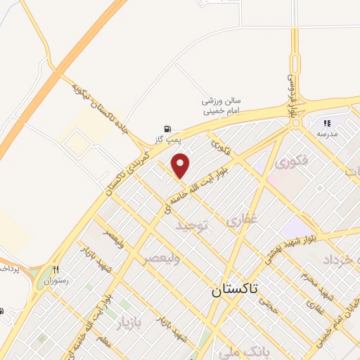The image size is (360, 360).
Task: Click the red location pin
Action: click(181, 166)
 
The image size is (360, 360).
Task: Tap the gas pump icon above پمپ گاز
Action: click(167, 128)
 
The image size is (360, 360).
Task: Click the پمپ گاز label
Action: click(167, 139)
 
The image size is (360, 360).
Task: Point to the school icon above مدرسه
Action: click(327, 123)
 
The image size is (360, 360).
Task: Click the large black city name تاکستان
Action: click(235, 289)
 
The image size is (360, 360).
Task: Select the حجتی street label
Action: click(269, 304)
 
